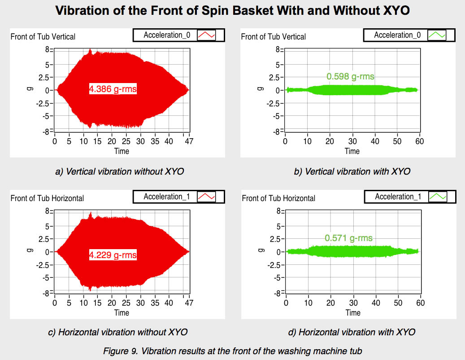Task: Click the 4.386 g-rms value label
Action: point(113,89)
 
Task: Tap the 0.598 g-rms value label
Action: point(350,77)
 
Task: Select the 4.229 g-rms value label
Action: point(113,255)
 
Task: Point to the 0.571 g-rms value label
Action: point(349,238)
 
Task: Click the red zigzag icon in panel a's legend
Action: point(207,35)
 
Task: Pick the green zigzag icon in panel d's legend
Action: point(437,197)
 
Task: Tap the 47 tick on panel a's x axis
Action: point(189,141)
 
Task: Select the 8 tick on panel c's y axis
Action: point(47,211)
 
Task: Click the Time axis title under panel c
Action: point(122,312)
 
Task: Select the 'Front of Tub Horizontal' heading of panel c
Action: point(47,198)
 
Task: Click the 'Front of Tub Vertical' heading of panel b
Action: point(274,36)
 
